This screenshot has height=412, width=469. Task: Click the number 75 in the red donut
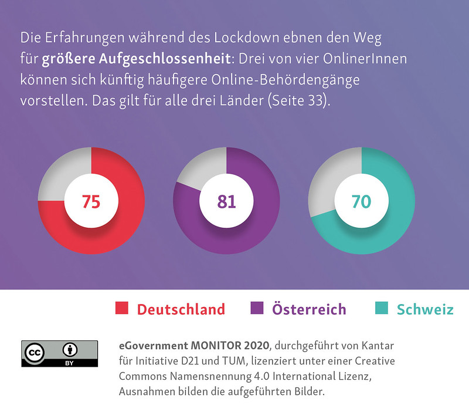point(91,201)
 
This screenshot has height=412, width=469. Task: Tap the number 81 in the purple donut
point(226,201)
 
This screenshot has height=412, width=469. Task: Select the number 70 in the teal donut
point(361,201)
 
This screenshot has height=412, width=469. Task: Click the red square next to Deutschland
point(122,309)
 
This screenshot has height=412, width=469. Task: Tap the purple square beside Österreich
point(257,309)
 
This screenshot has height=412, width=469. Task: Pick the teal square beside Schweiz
point(382,309)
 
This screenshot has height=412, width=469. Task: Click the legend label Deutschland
point(181,309)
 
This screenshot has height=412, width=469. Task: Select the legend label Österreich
point(309,309)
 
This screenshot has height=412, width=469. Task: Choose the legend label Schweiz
point(425,309)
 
